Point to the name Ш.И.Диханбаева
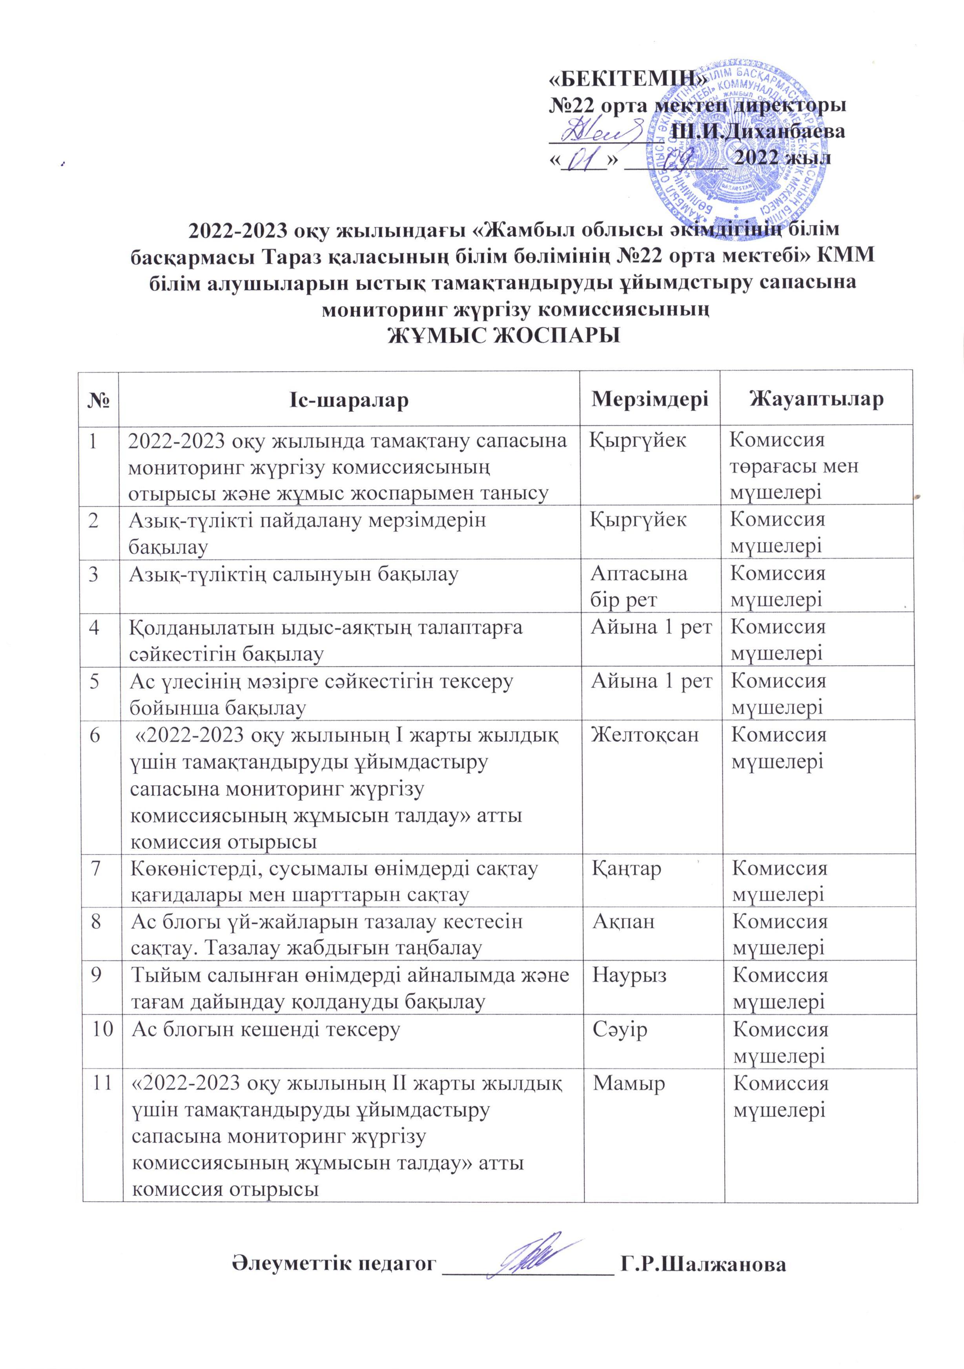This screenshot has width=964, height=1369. pos(757,131)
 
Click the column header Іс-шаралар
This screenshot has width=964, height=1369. pos(349,399)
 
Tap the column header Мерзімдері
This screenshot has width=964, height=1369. pos(650,399)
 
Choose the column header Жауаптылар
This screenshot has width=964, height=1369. pos(817,399)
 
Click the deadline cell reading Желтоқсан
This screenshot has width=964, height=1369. pos(644,735)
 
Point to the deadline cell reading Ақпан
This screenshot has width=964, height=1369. pos(623,922)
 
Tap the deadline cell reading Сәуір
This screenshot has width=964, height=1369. pos(620,1030)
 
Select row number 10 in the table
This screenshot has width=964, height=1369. pos(102,1030)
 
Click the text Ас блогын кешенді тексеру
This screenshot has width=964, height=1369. pos(265,1030)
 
